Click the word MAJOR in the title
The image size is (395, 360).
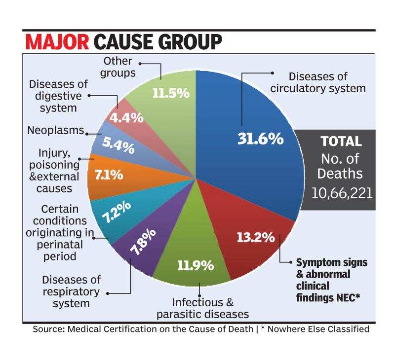point(57,41)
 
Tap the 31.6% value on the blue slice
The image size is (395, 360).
point(260,139)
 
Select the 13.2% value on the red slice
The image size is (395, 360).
point(255,237)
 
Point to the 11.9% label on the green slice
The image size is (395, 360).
point(196,265)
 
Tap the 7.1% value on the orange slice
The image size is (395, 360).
point(110,176)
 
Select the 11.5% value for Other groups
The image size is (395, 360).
point(171,92)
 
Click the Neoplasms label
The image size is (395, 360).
point(55,132)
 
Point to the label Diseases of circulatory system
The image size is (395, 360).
point(324,82)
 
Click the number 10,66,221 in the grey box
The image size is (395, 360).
point(341,192)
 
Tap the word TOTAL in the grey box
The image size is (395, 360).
point(341,142)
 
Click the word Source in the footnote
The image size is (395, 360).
point(48,329)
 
